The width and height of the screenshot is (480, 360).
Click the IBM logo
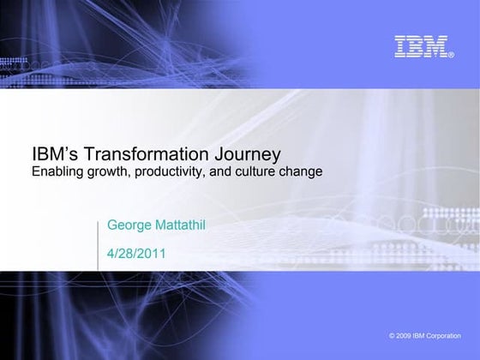[x=422, y=46]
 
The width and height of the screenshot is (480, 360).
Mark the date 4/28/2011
[x=135, y=253]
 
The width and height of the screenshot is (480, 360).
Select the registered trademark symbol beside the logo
[x=452, y=56]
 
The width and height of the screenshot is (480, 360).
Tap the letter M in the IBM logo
[x=438, y=46]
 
